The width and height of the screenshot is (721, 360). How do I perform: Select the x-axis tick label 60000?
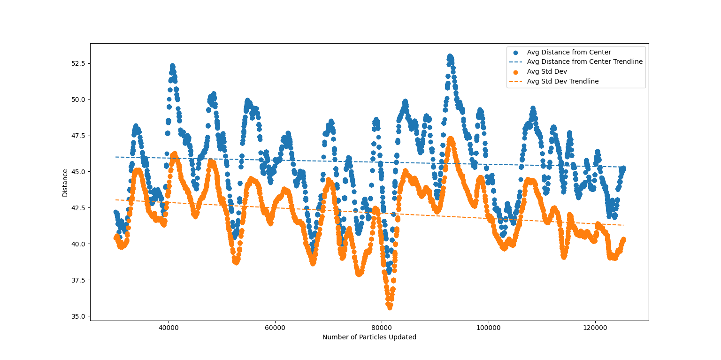pyautogui.click(x=275, y=328)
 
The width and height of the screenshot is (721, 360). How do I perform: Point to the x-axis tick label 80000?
pyautogui.click(x=382, y=328)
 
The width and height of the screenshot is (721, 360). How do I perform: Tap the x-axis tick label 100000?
pyautogui.click(x=488, y=328)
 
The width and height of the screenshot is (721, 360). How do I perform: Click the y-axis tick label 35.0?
pyautogui.click(x=79, y=316)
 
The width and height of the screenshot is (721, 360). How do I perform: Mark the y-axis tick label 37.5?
pyautogui.click(x=79, y=280)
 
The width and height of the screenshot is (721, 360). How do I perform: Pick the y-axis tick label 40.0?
pyautogui.click(x=79, y=244)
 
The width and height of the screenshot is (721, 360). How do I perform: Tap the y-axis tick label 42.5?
pyautogui.click(x=79, y=208)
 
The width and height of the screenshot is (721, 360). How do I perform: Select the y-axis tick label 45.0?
pyautogui.click(x=79, y=172)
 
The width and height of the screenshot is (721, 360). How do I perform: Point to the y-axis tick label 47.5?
pyautogui.click(x=79, y=136)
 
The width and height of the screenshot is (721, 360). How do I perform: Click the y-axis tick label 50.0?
pyautogui.click(x=79, y=100)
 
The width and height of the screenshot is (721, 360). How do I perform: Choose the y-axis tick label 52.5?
pyautogui.click(x=79, y=63)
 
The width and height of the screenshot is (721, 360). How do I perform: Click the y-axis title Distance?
pyautogui.click(x=65, y=183)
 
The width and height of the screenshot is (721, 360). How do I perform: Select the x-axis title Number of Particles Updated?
pyautogui.click(x=369, y=337)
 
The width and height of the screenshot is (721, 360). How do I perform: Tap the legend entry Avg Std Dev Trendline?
pyautogui.click(x=562, y=81)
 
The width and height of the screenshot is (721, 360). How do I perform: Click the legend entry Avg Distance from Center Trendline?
pyautogui.click(x=584, y=61)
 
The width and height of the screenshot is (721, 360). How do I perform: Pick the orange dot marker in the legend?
pyautogui.click(x=515, y=71)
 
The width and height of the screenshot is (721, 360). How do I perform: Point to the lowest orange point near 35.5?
pyautogui.click(x=390, y=307)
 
